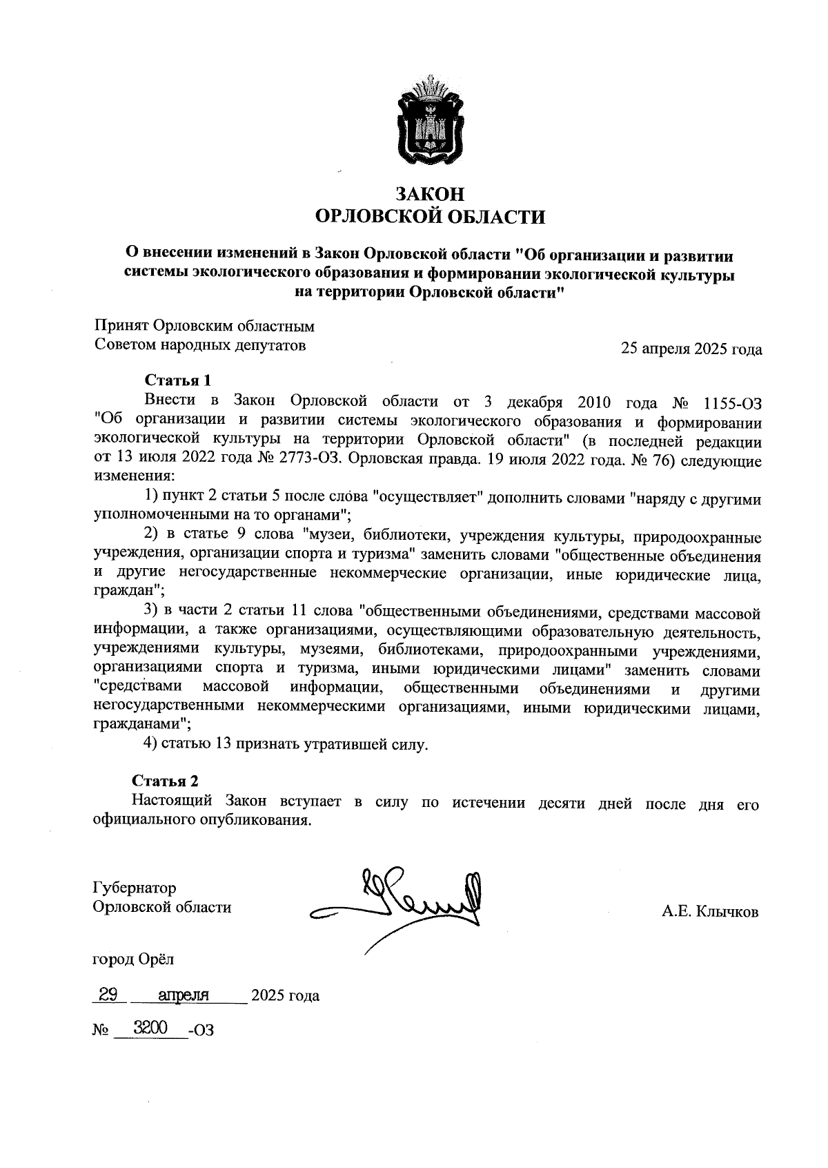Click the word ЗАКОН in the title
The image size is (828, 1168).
pyautogui.click(x=430, y=194)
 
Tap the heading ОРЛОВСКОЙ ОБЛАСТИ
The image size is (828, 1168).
pyautogui.click(x=430, y=217)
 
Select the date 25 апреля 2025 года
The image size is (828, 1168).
pyautogui.click(x=691, y=349)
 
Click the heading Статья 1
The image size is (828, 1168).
pyautogui.click(x=177, y=380)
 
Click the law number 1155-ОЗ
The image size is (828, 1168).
pyautogui.click(x=731, y=401)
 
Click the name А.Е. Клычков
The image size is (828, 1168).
pyautogui.click(x=710, y=913)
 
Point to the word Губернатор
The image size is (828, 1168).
pyautogui.click(x=135, y=888)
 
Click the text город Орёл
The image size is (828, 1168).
pyautogui.click(x=133, y=959)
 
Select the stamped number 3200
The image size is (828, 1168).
pyautogui.click(x=151, y=1029)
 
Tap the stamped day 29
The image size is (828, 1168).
pyautogui.click(x=109, y=994)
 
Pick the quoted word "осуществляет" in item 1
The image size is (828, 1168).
pyautogui.click(x=422, y=498)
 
